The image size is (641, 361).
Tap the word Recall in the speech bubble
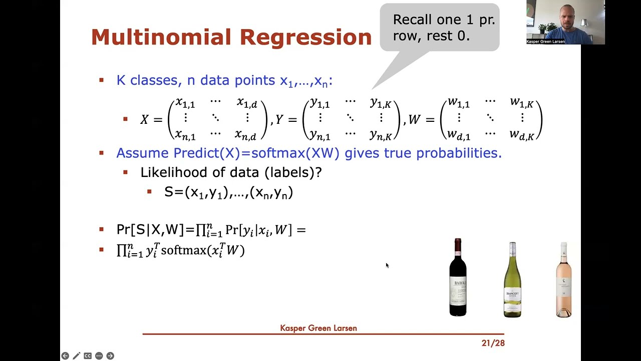point(412,20)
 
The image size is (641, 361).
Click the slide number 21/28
point(493,343)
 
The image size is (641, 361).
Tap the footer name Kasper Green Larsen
point(318,328)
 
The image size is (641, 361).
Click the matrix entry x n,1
point(185,135)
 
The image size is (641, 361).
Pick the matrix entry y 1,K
point(380,104)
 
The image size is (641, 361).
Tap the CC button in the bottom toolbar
point(88,356)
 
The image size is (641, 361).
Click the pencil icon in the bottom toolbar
point(76,356)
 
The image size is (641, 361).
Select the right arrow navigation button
point(110,356)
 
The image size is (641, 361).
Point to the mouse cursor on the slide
point(387,265)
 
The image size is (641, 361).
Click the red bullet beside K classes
point(102,80)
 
